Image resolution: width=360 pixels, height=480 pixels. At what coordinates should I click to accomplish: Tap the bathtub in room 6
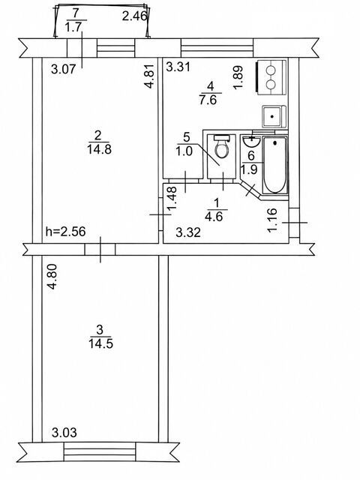[275, 165]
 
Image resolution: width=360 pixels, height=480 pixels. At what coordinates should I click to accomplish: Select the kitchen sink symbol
[274, 116]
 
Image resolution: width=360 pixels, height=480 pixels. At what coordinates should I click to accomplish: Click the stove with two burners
[271, 77]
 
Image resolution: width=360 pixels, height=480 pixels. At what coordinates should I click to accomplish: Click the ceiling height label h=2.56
[65, 232]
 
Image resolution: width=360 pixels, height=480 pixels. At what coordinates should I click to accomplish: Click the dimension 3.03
[64, 433]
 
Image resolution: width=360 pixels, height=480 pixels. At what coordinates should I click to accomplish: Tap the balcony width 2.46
[135, 16]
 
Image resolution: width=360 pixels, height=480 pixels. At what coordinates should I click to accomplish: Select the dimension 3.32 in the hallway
[188, 232]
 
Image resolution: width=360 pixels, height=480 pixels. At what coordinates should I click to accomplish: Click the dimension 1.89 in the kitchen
[238, 77]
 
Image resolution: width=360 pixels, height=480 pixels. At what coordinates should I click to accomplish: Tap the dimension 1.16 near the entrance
[271, 220]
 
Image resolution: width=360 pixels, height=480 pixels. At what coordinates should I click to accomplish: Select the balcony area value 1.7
[73, 27]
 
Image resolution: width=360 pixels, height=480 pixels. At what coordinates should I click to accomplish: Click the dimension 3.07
[63, 69]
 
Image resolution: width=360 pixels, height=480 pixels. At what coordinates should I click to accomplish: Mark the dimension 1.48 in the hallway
[172, 199]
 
